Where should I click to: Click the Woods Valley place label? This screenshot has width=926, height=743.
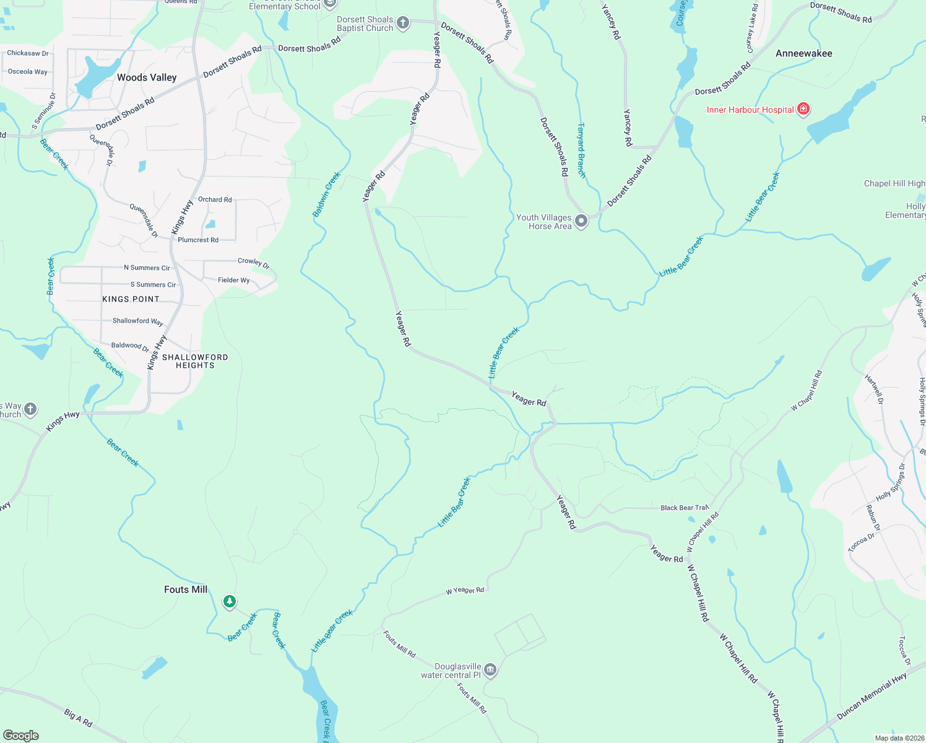[x=147, y=77]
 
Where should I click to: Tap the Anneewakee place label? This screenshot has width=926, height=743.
[x=803, y=53]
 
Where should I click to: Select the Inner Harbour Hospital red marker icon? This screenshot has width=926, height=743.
[x=803, y=110]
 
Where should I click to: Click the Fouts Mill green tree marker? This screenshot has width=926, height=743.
[x=230, y=601]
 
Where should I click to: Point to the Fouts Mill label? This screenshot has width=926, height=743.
[x=186, y=589]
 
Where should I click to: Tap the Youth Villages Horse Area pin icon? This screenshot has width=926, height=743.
[x=581, y=221]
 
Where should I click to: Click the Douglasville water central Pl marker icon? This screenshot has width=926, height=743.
[x=490, y=670]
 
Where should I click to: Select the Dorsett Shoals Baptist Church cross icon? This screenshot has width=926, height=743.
[x=403, y=24]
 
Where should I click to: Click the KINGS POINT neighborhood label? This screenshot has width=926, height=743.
[x=131, y=299]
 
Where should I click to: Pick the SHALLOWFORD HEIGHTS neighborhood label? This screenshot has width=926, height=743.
[x=195, y=361]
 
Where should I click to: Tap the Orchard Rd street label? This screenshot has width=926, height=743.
[x=215, y=199]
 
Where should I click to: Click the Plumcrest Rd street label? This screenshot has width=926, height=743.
[x=198, y=240]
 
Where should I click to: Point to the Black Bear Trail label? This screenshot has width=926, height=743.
[x=684, y=508]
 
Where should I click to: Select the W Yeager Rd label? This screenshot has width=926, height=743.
[x=465, y=591]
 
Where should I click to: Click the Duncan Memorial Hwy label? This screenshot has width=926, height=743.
[x=872, y=696]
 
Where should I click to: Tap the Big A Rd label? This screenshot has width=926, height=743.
[x=79, y=718]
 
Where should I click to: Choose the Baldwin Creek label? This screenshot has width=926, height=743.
[x=326, y=194]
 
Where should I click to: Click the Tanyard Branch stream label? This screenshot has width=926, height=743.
[x=581, y=150]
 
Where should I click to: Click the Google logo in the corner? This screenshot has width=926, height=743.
[x=21, y=735]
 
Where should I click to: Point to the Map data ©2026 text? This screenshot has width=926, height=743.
[x=898, y=738]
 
